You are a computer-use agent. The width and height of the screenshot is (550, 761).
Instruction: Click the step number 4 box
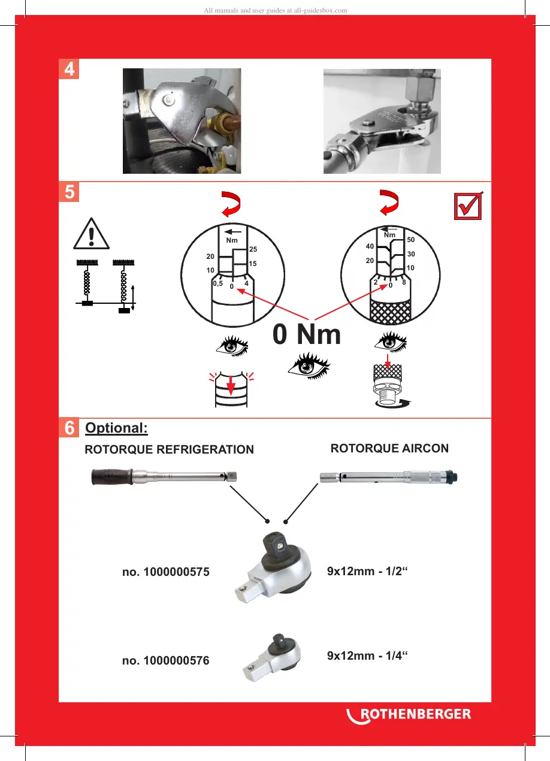tap(70, 70)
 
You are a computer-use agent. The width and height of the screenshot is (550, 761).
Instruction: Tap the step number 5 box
tap(70, 192)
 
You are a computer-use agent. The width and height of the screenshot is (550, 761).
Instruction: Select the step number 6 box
tap(70, 429)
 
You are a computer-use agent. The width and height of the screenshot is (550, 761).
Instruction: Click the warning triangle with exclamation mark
tap(92, 234)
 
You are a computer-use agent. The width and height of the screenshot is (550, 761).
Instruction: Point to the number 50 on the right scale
tap(410, 240)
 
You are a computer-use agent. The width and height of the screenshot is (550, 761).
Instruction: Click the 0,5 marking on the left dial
tap(218, 285)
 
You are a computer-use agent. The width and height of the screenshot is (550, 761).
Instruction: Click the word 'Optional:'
tap(116, 428)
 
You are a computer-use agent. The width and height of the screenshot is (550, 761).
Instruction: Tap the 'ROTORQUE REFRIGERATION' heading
tap(170, 449)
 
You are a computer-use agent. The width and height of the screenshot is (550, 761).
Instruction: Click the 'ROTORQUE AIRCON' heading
tap(389, 448)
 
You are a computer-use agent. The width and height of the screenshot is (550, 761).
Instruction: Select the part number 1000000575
tap(165, 572)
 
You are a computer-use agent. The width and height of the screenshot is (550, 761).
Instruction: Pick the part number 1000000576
tap(165, 661)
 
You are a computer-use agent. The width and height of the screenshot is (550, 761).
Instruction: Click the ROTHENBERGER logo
tap(409, 714)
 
